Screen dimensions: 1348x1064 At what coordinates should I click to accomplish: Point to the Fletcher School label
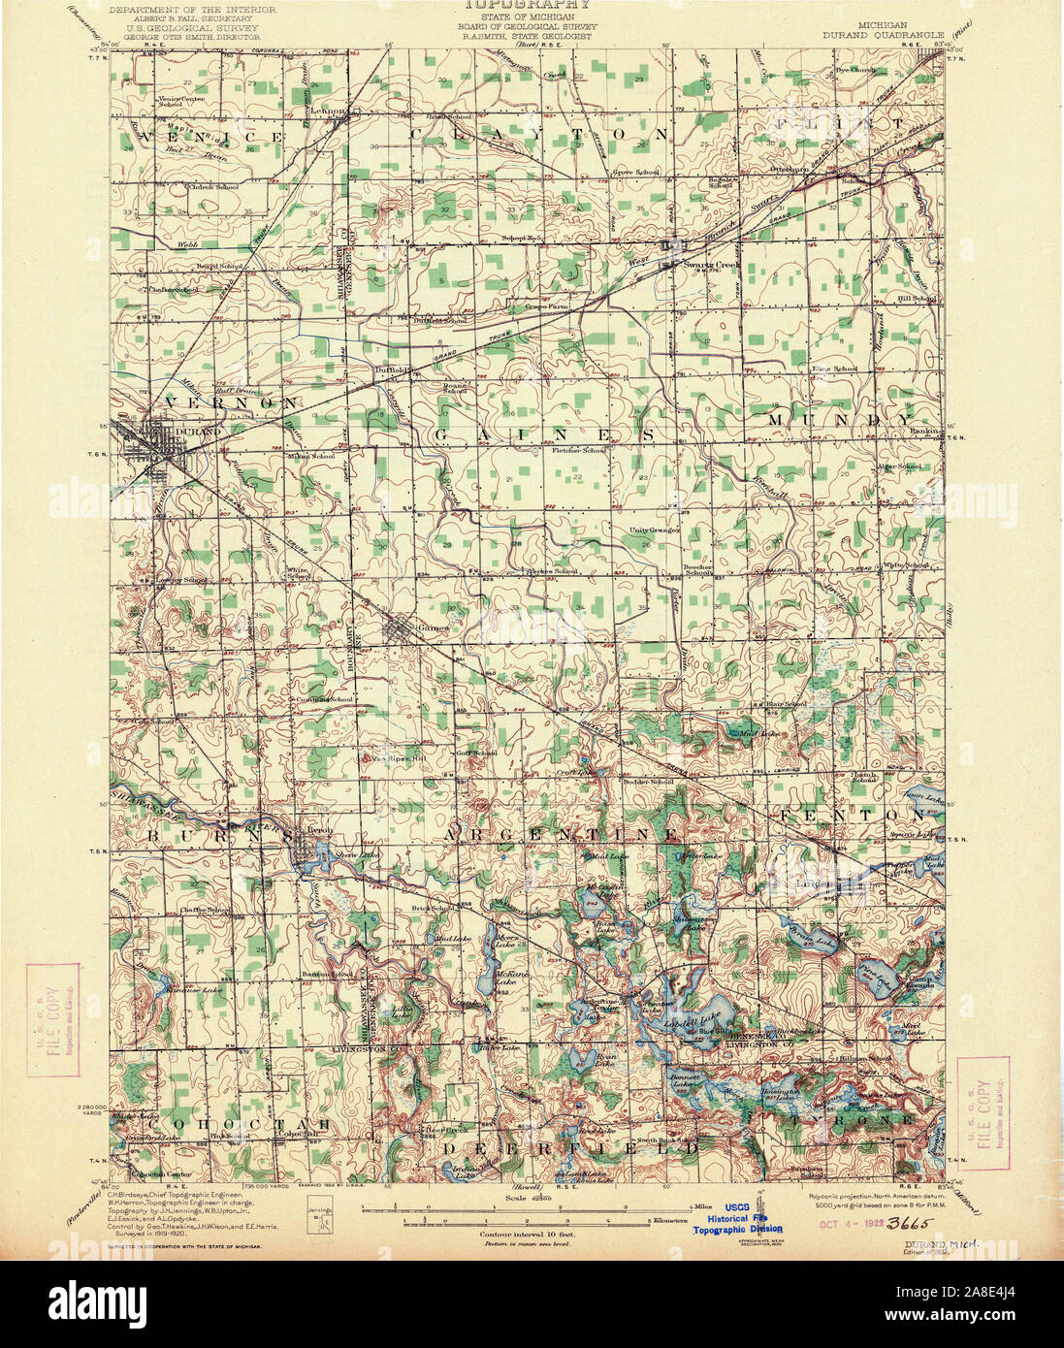(580, 450)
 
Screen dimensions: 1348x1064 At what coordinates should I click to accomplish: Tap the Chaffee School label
(204, 910)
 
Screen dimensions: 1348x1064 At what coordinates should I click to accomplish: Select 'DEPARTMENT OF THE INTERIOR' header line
(191, 9)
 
